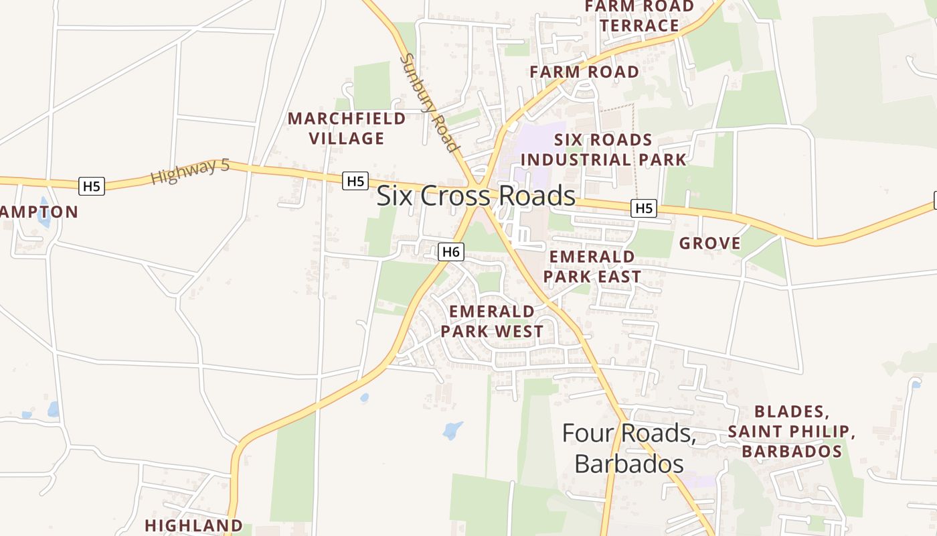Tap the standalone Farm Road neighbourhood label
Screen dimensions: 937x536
[x=584, y=72]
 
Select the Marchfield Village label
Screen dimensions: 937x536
[x=347, y=129]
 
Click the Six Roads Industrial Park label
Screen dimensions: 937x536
[x=604, y=150]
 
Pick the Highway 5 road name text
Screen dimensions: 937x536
[x=190, y=172]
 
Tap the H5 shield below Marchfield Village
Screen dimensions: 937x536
[x=355, y=181]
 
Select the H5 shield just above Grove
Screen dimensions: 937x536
[x=643, y=208]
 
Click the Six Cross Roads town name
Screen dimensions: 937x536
[x=476, y=196]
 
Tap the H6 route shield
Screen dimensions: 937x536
[x=451, y=252]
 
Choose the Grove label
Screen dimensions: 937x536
[x=710, y=243]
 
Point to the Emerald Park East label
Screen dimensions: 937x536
[x=592, y=267]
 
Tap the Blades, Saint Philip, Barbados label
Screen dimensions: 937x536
[x=791, y=431]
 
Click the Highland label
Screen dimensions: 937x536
[x=193, y=525]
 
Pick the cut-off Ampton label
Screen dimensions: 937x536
[x=39, y=212]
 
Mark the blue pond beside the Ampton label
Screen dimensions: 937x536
[x=44, y=212]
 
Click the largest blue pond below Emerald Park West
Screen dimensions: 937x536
[x=453, y=430]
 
